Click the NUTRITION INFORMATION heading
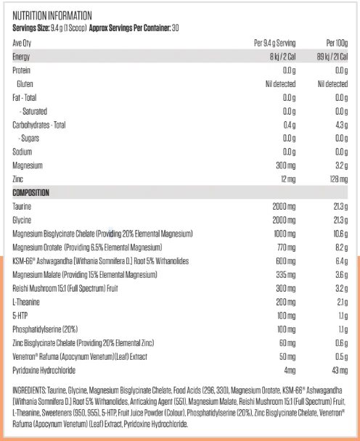pos(52,16)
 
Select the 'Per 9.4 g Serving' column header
pos(274,43)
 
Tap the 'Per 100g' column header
pos(337,43)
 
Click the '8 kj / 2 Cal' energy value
pos(282,57)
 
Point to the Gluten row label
pos(25,84)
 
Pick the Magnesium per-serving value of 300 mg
pos(286,165)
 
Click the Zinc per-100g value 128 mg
pos(339,179)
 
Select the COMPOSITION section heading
pos(30,193)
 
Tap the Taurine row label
pos(22,207)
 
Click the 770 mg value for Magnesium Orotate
pos(286,247)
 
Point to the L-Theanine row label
pos(26,302)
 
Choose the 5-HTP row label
pos(20,316)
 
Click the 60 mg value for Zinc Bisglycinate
pos(287,343)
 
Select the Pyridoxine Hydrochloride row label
pos(44,371)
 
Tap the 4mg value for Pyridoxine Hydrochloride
pos(290,371)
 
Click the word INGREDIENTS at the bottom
pos(29,390)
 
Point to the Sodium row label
pos(22,152)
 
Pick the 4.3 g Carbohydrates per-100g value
pos(341,125)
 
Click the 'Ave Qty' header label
pos(22,43)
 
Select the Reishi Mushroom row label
pos(65,288)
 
